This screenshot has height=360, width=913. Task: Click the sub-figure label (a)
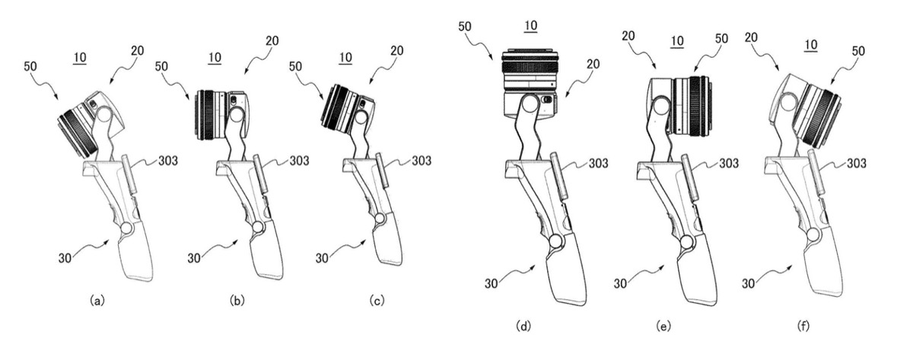[97, 301]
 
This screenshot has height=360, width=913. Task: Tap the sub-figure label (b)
[237, 301]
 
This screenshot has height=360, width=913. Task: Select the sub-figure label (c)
[376, 301]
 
